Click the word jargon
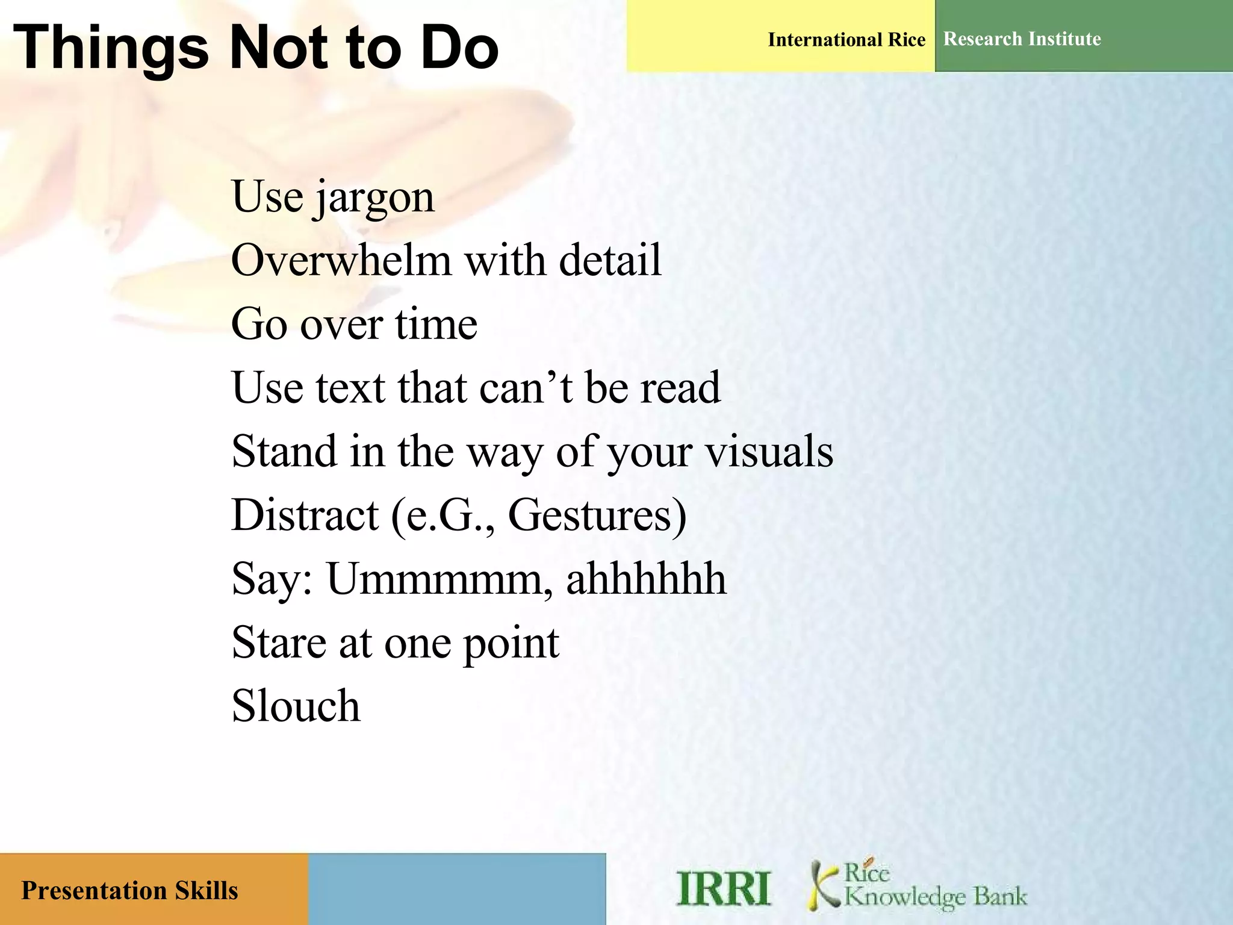[x=373, y=199]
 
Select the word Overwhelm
[x=341, y=261]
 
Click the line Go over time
[x=354, y=325]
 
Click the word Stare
[x=279, y=643]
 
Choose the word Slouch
[x=296, y=706]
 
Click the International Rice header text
[x=846, y=40]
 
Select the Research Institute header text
[x=1022, y=39]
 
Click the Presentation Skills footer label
[x=129, y=891]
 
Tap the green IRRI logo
[x=723, y=889]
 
